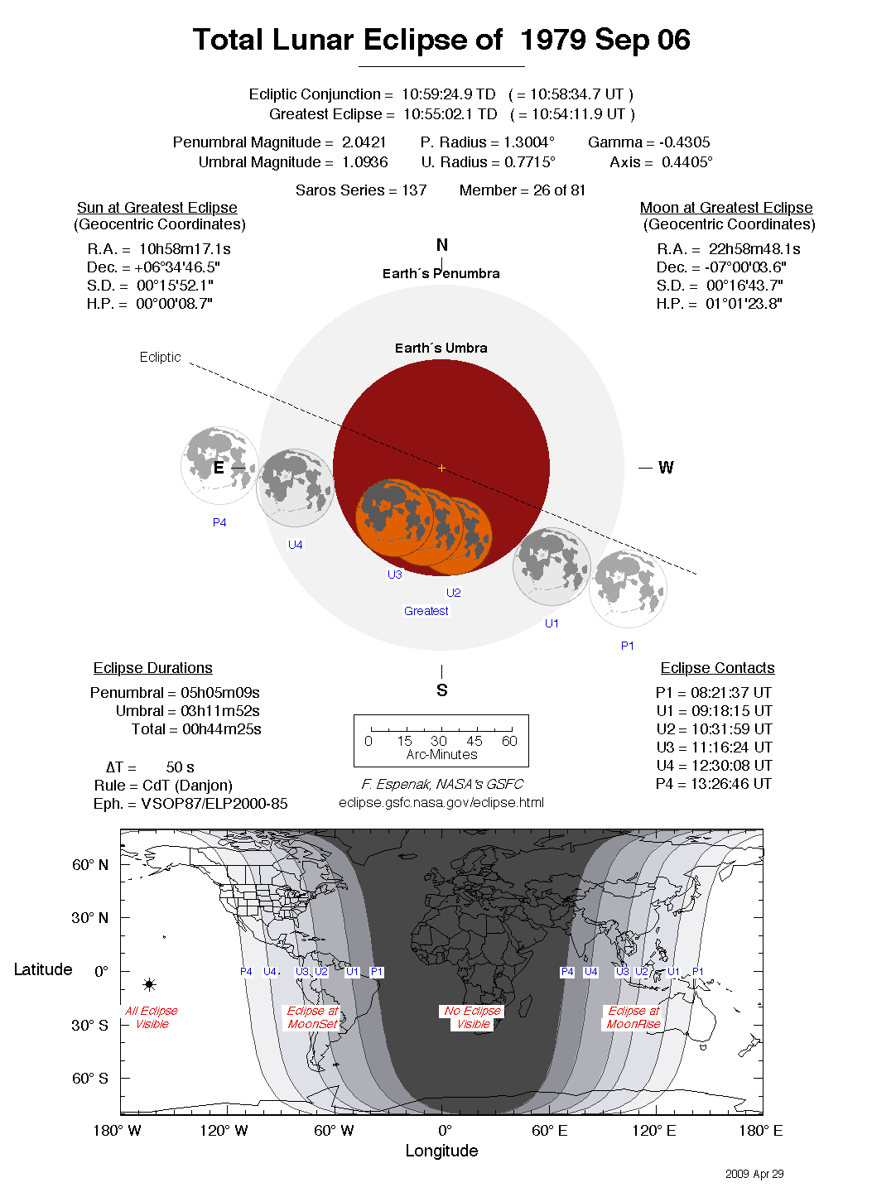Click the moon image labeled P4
(x=219, y=466)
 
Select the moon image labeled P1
(x=628, y=589)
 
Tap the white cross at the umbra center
(x=441, y=469)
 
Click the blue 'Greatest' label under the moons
(x=426, y=611)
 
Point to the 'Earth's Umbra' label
(x=441, y=349)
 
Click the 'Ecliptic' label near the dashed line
(x=160, y=357)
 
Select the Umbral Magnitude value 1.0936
(x=364, y=162)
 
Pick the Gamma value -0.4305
(x=684, y=142)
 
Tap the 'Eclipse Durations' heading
(x=152, y=668)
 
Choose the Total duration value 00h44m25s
(x=221, y=729)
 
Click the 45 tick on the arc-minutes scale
(x=474, y=741)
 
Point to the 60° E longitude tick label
(x=549, y=1131)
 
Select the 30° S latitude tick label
(x=89, y=1025)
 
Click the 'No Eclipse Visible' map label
(x=472, y=1017)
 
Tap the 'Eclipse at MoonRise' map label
(x=633, y=1017)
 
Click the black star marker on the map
(x=149, y=984)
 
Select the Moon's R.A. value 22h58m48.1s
(x=754, y=249)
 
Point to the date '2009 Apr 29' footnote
(x=754, y=1174)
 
